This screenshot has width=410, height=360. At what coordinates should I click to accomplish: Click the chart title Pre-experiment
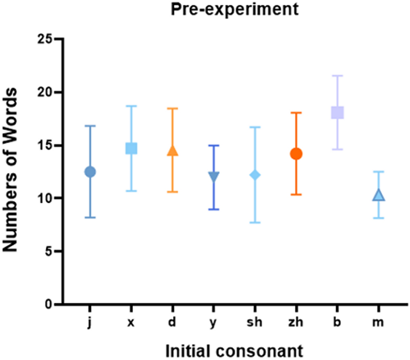[234, 9]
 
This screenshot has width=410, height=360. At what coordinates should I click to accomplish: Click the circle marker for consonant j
[90, 171]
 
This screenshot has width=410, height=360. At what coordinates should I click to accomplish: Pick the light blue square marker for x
[131, 148]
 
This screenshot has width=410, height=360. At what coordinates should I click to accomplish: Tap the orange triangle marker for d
[172, 150]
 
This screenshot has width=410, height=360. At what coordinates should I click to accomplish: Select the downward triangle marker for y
[214, 176]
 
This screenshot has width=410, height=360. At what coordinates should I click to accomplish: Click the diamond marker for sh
[255, 175]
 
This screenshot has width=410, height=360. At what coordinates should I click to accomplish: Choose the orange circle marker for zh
[296, 154]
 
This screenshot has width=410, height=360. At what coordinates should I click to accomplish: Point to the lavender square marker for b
[337, 112]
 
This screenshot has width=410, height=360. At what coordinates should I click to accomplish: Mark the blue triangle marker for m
[379, 196]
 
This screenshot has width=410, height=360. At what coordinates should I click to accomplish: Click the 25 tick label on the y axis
[46, 39]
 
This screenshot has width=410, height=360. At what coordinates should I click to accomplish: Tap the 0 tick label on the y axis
[50, 304]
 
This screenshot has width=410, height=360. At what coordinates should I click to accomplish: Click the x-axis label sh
[255, 322]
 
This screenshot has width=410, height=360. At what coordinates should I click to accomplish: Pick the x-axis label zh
[296, 322]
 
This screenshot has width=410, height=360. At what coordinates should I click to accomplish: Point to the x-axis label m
[379, 323]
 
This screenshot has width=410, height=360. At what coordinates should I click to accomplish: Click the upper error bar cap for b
[337, 76]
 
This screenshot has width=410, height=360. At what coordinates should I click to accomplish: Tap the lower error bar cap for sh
[255, 223]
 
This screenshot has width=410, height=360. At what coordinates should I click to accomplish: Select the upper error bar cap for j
[90, 126]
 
